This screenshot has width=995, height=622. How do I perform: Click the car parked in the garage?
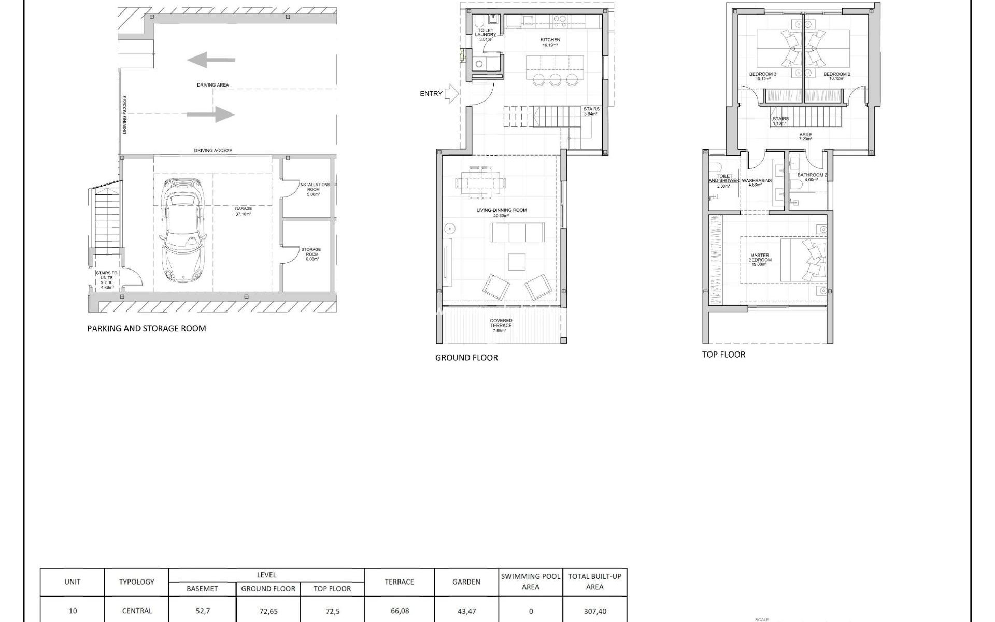[x=183, y=231]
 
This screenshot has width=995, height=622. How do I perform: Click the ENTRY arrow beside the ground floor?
[x=452, y=94]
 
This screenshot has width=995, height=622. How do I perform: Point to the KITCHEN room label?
[x=550, y=40]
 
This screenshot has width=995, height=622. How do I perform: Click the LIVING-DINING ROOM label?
[x=501, y=210]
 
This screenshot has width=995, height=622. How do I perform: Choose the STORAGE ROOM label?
[x=311, y=252]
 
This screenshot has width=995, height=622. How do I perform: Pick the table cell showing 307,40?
[x=594, y=611]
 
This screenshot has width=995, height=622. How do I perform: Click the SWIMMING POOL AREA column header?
[x=530, y=582]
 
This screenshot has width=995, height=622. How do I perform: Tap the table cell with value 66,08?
[x=399, y=611]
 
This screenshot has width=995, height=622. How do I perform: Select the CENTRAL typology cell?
[x=137, y=611]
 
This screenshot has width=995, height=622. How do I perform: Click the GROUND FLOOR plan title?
[x=466, y=358]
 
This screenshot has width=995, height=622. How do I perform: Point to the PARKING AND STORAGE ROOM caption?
[x=147, y=328]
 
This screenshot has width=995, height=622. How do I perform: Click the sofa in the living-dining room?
[x=517, y=232]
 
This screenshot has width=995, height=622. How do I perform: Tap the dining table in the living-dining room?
[x=480, y=182]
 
